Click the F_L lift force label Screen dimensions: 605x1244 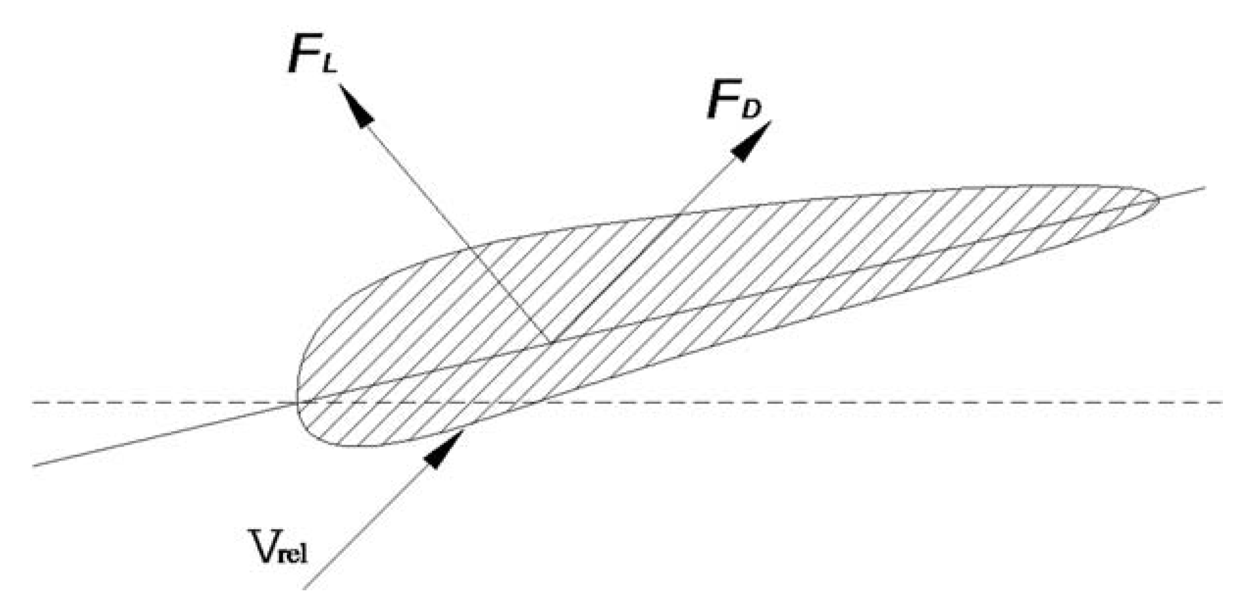312,54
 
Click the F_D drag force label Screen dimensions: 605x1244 733,102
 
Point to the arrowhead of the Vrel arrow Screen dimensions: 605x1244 444,449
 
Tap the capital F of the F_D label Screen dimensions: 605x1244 721,101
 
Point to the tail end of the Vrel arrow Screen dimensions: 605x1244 305,588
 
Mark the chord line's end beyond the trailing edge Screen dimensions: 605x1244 1204,187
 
